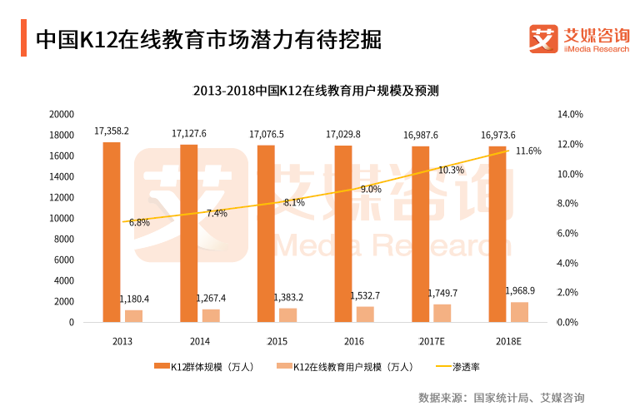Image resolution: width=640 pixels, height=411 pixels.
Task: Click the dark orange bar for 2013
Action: pos(112,232)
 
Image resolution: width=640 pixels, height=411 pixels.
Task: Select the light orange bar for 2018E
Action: pos(519,312)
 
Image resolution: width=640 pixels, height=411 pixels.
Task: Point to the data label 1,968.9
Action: pos(521,291)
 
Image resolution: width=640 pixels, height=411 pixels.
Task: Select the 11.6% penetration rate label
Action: pos(528,151)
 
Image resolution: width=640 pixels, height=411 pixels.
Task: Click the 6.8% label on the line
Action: pos(139,223)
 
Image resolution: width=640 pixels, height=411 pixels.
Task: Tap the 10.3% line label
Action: pos(451,170)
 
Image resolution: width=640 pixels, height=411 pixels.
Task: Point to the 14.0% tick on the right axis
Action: pos(569,114)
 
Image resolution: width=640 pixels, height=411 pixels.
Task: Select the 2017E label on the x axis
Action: pos(431,341)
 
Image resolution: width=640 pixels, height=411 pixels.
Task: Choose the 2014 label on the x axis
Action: pos(199,341)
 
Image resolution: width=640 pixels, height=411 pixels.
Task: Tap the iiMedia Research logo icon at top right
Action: pos(543,37)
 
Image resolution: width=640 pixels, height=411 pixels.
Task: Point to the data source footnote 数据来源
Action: pos(502,397)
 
